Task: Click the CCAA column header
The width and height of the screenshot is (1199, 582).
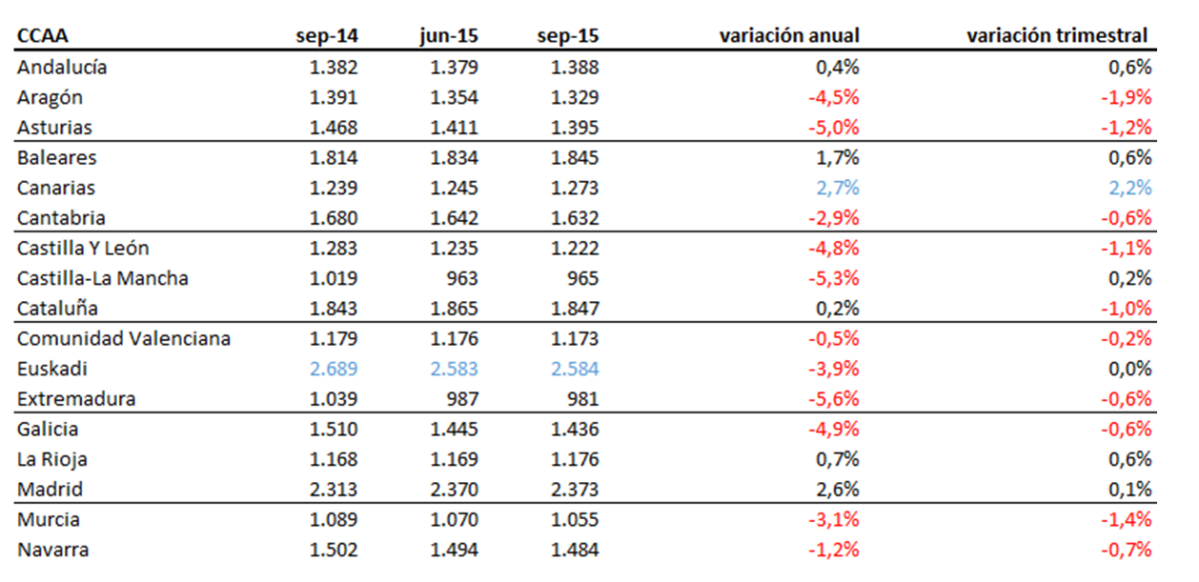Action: (x=42, y=36)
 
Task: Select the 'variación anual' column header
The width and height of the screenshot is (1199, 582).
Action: (x=789, y=36)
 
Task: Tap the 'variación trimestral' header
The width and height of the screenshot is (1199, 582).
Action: (x=1057, y=36)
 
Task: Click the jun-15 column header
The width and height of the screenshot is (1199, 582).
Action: (x=449, y=36)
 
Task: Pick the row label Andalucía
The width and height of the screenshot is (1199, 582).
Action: (x=62, y=68)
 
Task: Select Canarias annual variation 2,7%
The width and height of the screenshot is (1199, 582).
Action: (x=836, y=188)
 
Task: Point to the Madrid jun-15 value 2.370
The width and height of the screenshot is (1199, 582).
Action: (x=455, y=490)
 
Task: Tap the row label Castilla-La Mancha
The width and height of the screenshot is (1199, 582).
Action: (x=102, y=278)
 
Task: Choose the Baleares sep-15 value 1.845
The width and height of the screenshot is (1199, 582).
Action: (x=575, y=158)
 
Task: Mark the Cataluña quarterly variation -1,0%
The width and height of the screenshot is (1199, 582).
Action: (x=1126, y=309)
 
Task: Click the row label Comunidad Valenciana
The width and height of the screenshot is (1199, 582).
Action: (x=124, y=339)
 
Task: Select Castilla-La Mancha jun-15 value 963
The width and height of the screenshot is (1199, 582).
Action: (x=463, y=278)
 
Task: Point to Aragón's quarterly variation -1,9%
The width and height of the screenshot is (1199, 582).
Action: (x=1126, y=98)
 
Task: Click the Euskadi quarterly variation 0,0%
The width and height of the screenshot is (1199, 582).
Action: (x=1129, y=369)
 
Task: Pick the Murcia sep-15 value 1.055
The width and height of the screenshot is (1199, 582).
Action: (x=575, y=520)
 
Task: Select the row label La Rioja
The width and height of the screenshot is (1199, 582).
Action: (x=52, y=460)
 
